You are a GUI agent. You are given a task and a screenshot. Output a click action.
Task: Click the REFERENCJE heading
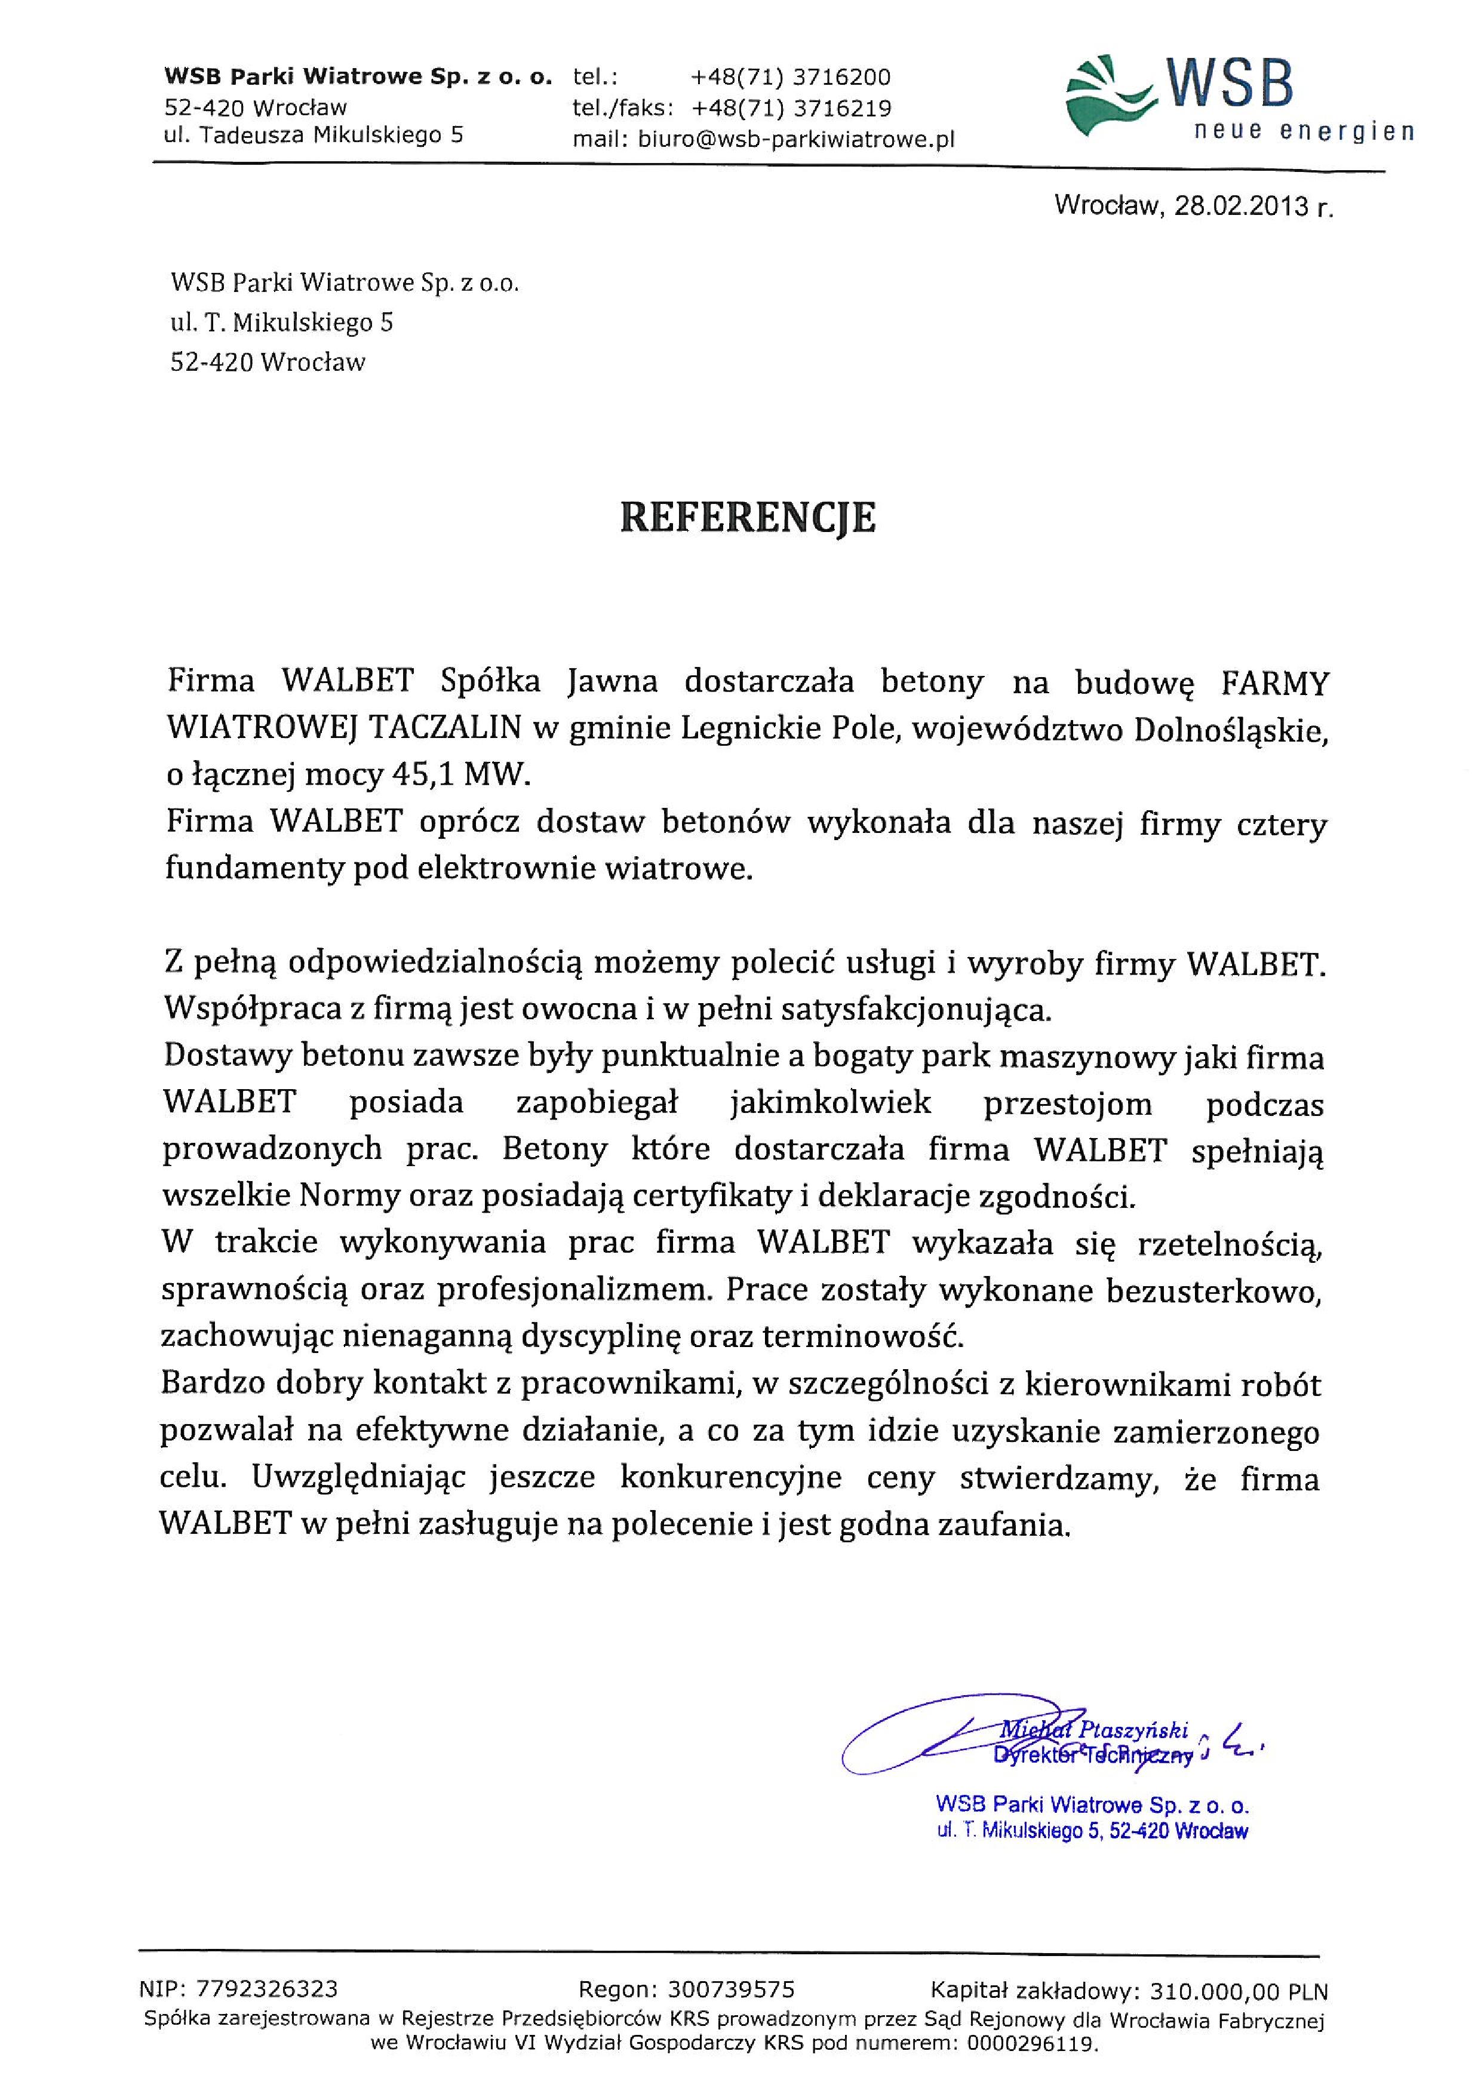point(748,517)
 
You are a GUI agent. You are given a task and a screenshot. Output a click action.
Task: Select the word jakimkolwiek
point(831,1103)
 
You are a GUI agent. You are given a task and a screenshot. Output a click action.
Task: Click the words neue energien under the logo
point(1304,132)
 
